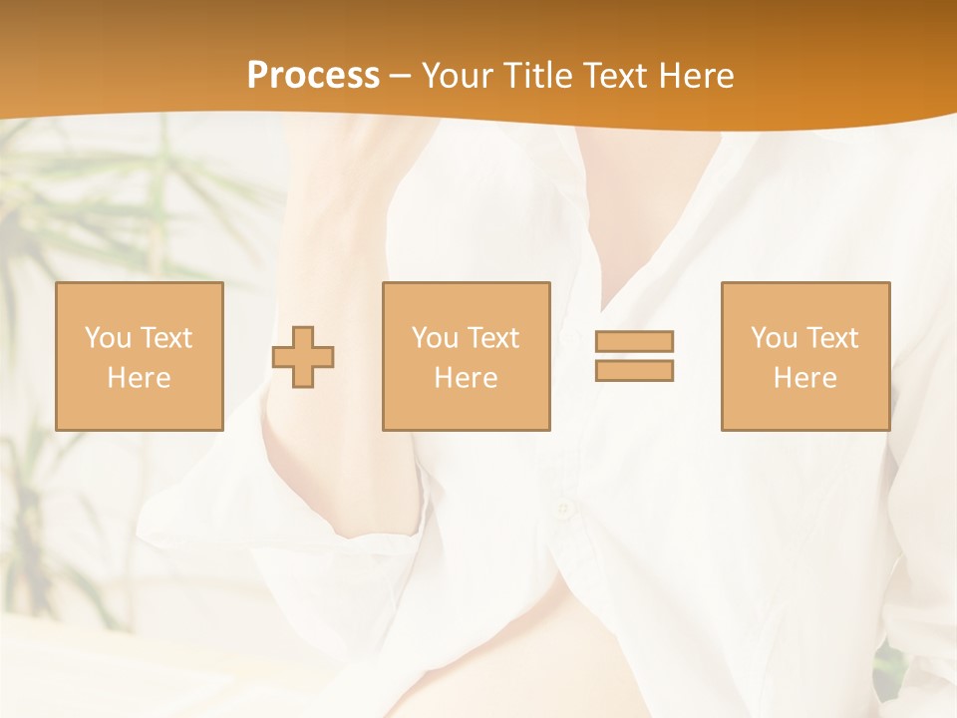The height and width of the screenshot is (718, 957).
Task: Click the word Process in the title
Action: (313, 76)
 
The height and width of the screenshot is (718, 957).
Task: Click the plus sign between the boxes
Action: (303, 357)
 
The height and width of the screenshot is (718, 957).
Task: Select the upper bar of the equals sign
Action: (634, 341)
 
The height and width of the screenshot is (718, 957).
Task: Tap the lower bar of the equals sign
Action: (634, 371)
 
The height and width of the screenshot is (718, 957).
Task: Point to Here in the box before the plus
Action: (139, 378)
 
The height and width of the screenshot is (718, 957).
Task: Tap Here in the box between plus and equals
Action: (466, 378)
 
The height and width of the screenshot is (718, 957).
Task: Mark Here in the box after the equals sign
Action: (804, 378)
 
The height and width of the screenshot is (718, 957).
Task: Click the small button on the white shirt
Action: (565, 511)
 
